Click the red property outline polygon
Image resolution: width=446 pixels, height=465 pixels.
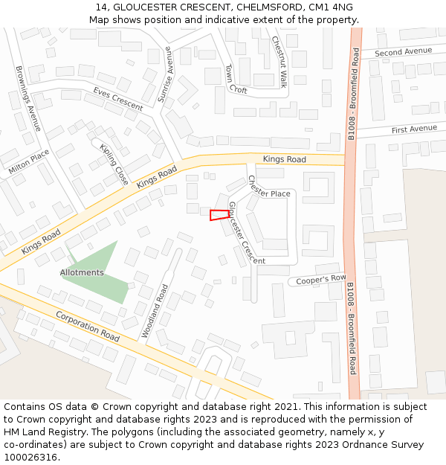click(219, 215)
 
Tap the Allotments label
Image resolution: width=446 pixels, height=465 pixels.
click(82, 273)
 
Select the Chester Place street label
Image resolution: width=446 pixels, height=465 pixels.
click(268, 187)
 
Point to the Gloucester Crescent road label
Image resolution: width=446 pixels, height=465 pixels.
click(246, 233)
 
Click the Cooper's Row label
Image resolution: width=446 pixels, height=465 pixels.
click(321, 280)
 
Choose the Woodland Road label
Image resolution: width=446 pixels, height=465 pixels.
click(155, 311)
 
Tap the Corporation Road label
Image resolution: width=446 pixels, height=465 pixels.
click(88, 327)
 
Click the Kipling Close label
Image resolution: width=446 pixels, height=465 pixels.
click(114, 164)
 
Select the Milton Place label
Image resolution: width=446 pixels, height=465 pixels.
click(28, 162)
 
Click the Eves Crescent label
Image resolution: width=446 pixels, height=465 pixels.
click(117, 98)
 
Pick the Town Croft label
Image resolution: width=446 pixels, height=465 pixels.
click(236, 79)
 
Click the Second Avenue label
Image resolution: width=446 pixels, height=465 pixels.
click(403, 52)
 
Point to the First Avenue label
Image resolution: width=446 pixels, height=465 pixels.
click(414, 129)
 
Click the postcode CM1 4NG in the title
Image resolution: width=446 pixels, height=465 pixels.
click(329, 7)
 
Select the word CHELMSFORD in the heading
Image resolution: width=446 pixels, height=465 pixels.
click(264, 7)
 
